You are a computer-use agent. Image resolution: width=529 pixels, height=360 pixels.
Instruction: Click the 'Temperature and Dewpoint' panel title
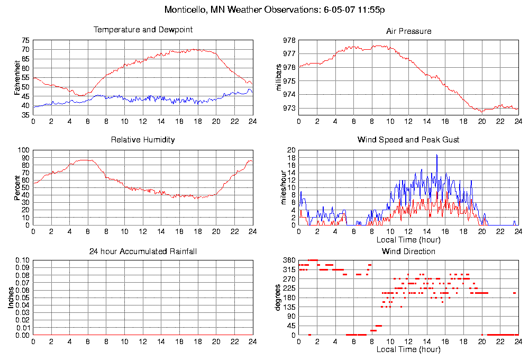click(x=143, y=30)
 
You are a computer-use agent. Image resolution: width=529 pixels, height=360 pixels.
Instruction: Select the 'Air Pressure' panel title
click(x=408, y=31)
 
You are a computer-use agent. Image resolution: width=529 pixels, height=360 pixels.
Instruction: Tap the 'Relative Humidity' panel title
click(x=143, y=140)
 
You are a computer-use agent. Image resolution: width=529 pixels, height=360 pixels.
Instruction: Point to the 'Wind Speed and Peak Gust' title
click(x=408, y=140)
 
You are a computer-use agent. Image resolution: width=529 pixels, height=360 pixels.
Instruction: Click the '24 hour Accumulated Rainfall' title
click(x=143, y=251)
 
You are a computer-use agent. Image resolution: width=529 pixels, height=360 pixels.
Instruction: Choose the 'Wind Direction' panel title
click(x=408, y=251)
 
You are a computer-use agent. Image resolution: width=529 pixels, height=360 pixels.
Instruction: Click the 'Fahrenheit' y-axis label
click(x=17, y=77)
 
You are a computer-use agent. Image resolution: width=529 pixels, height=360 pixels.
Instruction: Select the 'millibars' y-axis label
click(x=279, y=77)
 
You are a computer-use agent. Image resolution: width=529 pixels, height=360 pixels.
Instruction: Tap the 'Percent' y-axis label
click(x=17, y=187)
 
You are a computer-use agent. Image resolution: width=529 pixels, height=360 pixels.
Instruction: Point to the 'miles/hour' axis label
click(x=279, y=187)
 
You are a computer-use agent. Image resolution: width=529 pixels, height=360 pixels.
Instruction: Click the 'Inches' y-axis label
click(x=11, y=298)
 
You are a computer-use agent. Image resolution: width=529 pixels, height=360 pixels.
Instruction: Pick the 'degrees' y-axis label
click(x=279, y=298)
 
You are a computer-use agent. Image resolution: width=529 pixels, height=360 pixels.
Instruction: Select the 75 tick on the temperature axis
click(x=26, y=40)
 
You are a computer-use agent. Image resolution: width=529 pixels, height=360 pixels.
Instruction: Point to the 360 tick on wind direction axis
click(x=288, y=260)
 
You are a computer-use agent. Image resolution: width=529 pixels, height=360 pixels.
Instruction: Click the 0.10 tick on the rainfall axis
click(x=23, y=260)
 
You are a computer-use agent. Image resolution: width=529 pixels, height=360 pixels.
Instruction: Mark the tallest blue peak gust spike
click(x=437, y=155)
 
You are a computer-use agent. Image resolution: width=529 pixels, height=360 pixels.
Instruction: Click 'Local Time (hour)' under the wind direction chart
click(x=408, y=349)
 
